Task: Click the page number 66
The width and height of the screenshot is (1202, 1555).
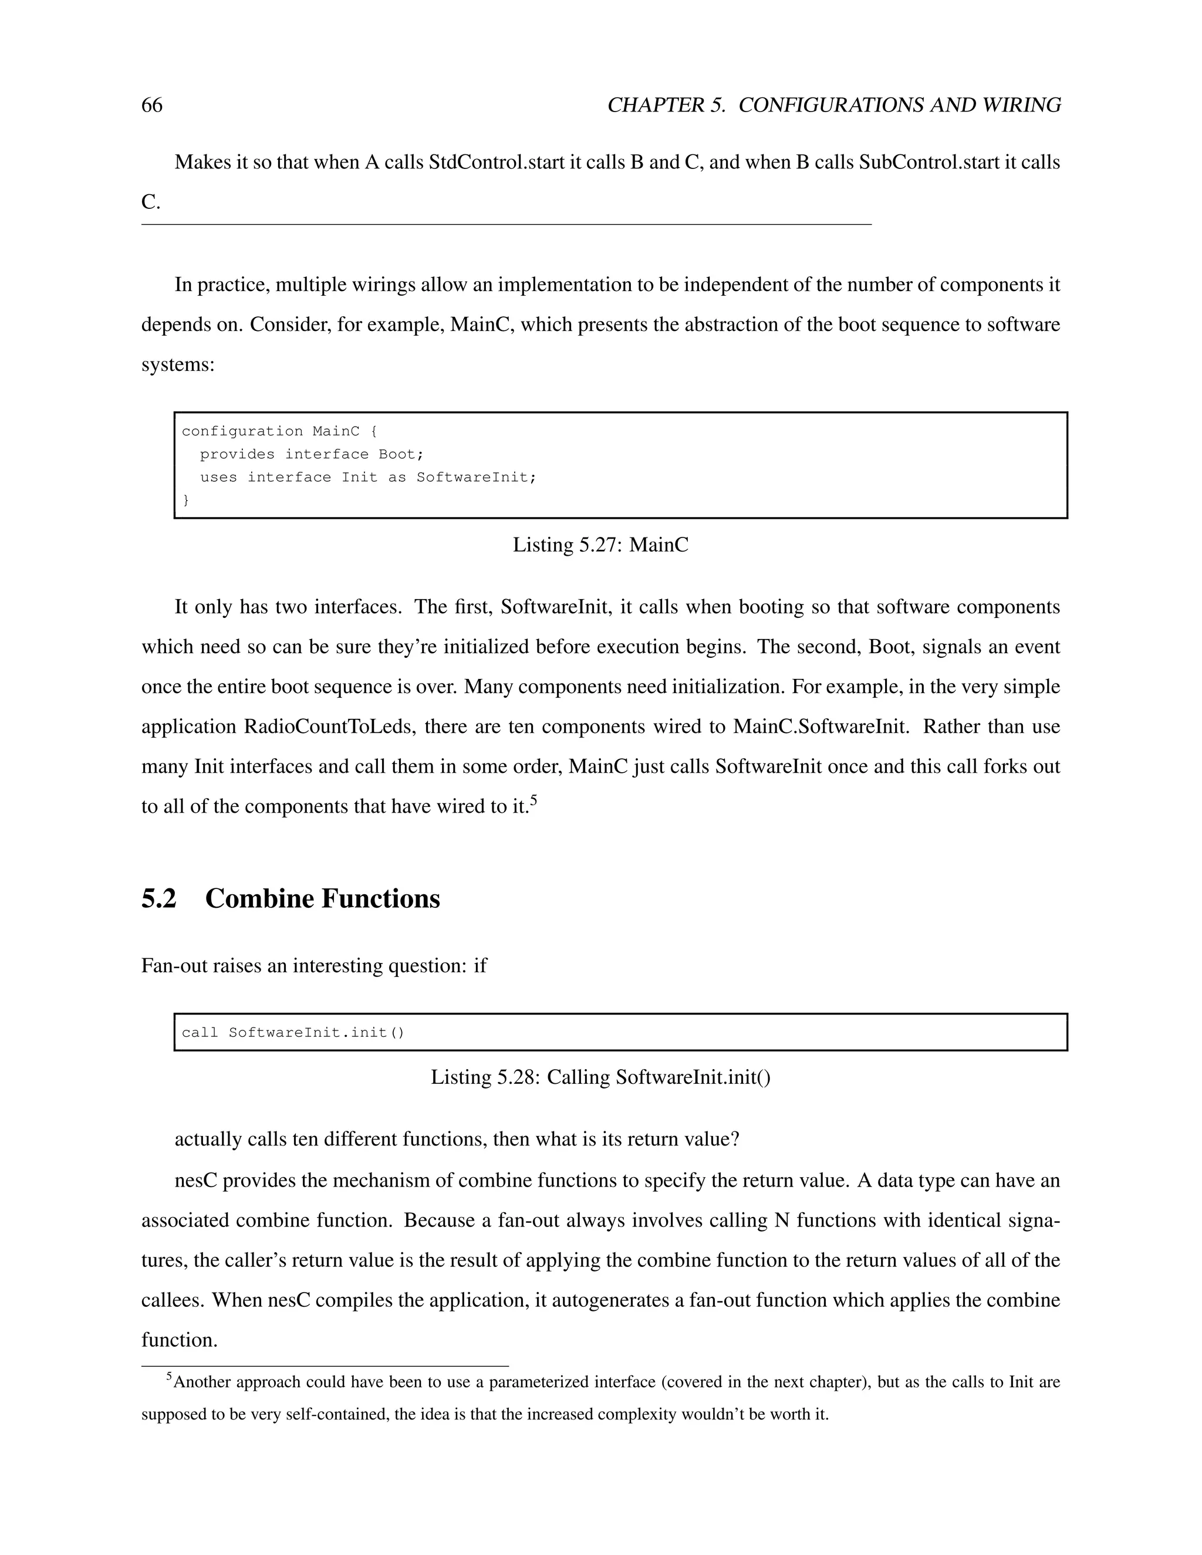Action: [151, 106]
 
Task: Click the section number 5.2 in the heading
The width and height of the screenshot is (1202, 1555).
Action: [159, 898]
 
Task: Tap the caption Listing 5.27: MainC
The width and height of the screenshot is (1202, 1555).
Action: [600, 545]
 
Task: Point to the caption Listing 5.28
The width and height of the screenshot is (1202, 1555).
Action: [600, 1077]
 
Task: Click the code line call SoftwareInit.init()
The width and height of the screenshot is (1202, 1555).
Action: [293, 1032]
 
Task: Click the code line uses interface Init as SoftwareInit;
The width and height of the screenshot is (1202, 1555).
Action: [367, 477]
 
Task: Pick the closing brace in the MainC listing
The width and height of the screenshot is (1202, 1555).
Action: [187, 501]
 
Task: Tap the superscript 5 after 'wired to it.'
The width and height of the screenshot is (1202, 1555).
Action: [534, 801]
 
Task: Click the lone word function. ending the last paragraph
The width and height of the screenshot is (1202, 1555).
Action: [180, 1341]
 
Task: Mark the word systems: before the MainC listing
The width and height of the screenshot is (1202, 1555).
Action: [178, 365]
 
